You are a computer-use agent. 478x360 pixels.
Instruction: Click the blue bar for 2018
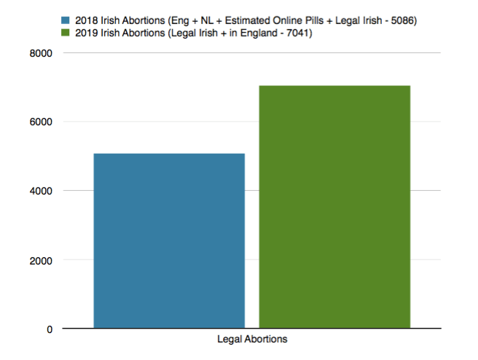(169, 240)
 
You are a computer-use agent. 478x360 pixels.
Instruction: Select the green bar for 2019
(334, 207)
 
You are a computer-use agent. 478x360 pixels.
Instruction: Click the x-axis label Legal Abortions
(252, 340)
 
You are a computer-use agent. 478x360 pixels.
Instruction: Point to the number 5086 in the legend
(400, 20)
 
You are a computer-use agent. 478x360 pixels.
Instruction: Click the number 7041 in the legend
(295, 33)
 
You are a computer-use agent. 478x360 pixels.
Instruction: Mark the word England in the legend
(256, 33)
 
